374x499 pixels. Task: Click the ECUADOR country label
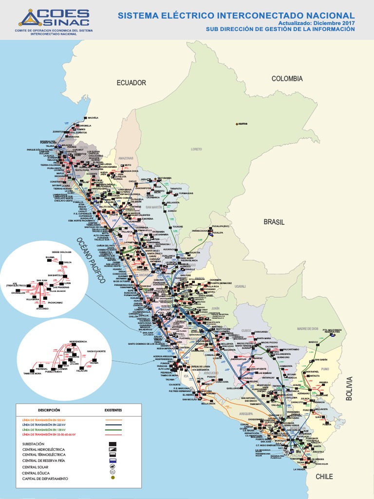131,83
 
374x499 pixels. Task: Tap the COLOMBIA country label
287,78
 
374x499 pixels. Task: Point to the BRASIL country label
274,222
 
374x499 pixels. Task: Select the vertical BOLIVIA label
349,388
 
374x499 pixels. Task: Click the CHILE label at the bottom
324,477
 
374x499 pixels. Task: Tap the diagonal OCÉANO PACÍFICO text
91,260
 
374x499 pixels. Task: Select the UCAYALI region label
240,287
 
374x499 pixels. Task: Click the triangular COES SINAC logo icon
29,19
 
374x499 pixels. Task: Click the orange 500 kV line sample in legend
113,419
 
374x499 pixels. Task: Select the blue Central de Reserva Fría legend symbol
112,460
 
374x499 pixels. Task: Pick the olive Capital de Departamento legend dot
112,479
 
